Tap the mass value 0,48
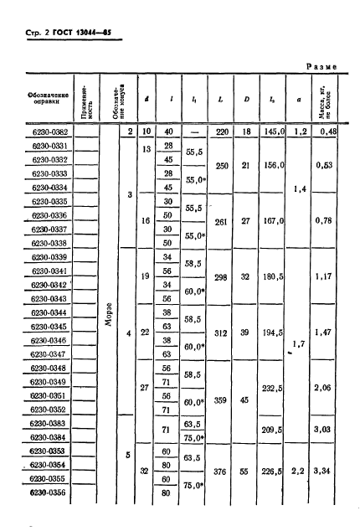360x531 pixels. (337, 132)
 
